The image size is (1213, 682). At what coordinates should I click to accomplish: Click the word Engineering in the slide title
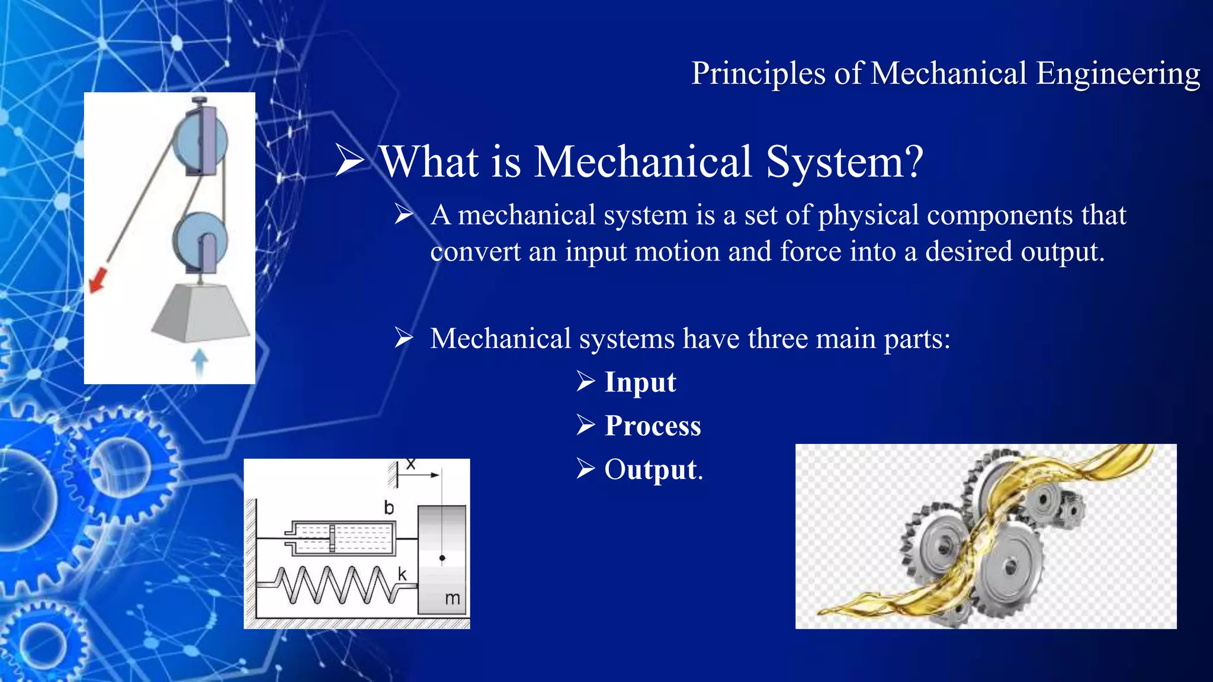(1118, 75)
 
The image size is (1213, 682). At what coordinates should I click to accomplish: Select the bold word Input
(640, 382)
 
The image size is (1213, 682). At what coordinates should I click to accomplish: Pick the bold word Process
(652, 426)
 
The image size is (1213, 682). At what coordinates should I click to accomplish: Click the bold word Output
(650, 469)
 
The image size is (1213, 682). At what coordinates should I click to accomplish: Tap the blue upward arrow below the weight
(200, 362)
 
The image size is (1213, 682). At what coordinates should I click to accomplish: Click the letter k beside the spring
(402, 574)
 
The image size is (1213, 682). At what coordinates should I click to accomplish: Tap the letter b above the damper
(389, 507)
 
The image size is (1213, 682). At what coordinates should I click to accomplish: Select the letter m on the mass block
(452, 599)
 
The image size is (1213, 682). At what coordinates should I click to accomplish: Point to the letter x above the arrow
(410, 464)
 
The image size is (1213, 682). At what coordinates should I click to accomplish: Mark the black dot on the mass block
(442, 558)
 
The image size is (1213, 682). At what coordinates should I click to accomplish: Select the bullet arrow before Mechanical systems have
(404, 338)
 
